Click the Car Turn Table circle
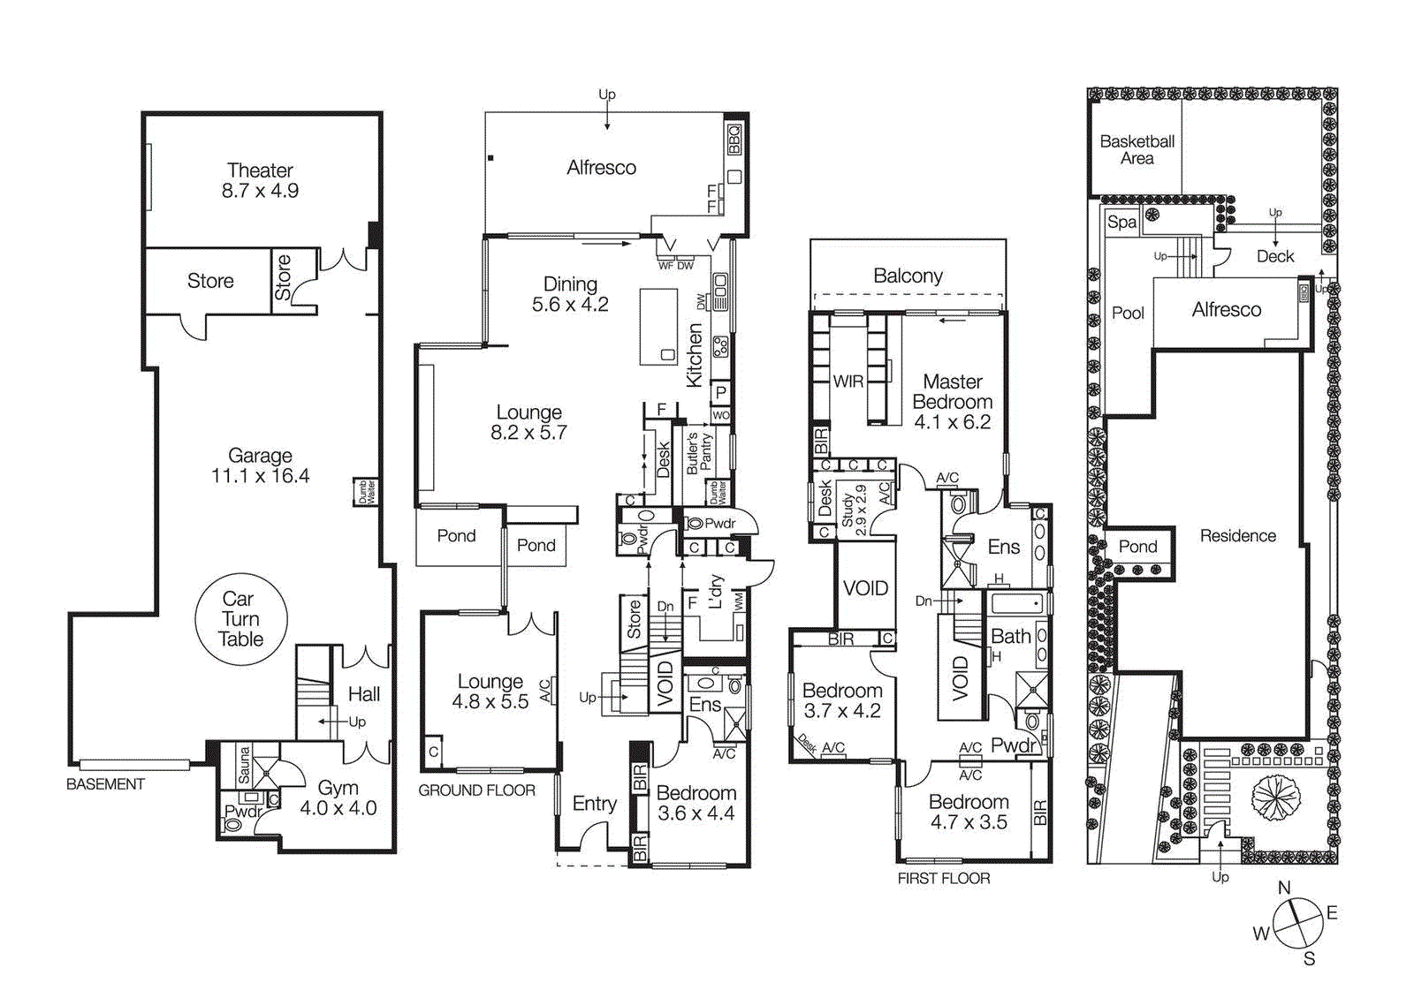(x=240, y=619)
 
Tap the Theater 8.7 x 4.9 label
(x=260, y=180)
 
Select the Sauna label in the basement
(x=244, y=765)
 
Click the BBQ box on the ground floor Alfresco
(x=734, y=140)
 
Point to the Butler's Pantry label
(x=699, y=453)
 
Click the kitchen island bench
(x=658, y=326)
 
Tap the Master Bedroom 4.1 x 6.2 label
(x=952, y=401)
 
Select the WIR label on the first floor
(x=848, y=382)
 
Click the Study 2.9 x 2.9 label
(x=854, y=510)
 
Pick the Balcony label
(x=908, y=276)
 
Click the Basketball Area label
(x=1137, y=149)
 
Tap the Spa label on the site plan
(x=1121, y=222)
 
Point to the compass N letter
(x=1284, y=888)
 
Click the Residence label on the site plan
(x=1237, y=535)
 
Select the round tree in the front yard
(x=1275, y=797)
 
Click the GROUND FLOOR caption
(x=476, y=790)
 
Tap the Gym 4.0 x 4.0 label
(x=338, y=798)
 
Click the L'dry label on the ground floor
(x=715, y=592)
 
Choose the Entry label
(x=594, y=803)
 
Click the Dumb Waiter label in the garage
(x=365, y=491)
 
